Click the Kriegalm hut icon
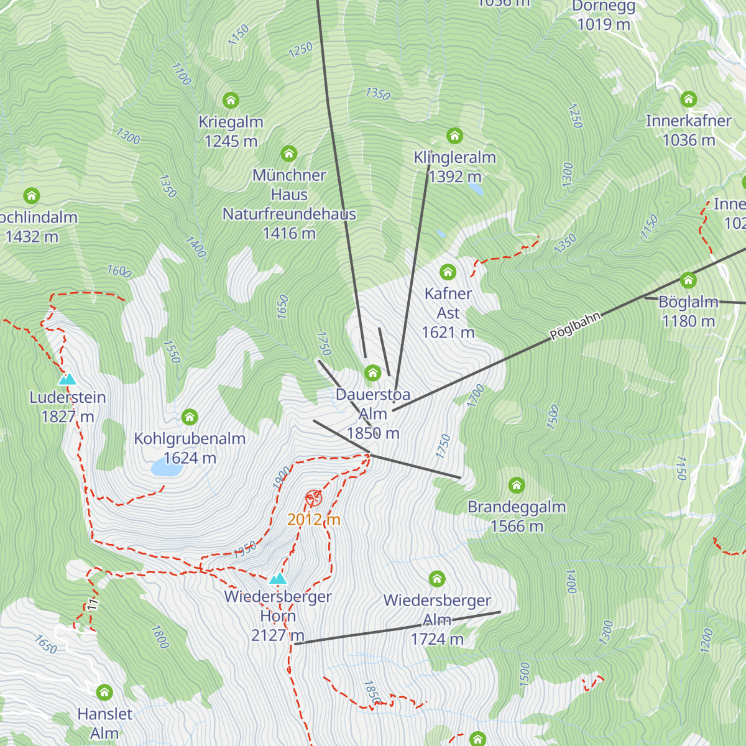pyautogui.click(x=231, y=100)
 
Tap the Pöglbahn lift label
pyautogui.click(x=576, y=326)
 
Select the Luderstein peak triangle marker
pyautogui.click(x=67, y=379)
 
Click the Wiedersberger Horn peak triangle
pyautogui.click(x=278, y=579)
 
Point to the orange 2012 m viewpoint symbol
pyautogui.click(x=313, y=498)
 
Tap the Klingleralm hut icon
pyautogui.click(x=454, y=136)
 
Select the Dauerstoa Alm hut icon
pyautogui.click(x=372, y=373)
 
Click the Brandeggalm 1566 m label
pyautogui.click(x=517, y=516)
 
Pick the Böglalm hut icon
pyautogui.click(x=688, y=280)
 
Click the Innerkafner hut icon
pyautogui.click(x=688, y=99)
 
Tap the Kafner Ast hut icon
pyautogui.click(x=448, y=272)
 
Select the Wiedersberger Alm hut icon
pyautogui.click(x=437, y=579)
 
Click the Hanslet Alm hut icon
pyautogui.click(x=104, y=692)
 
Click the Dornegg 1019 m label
pyautogui.click(x=604, y=16)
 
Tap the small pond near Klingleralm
pyautogui.click(x=476, y=188)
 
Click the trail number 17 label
pyautogui.click(x=93, y=604)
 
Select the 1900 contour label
pyautogui.click(x=282, y=477)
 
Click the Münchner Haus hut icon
pyautogui.click(x=288, y=154)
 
